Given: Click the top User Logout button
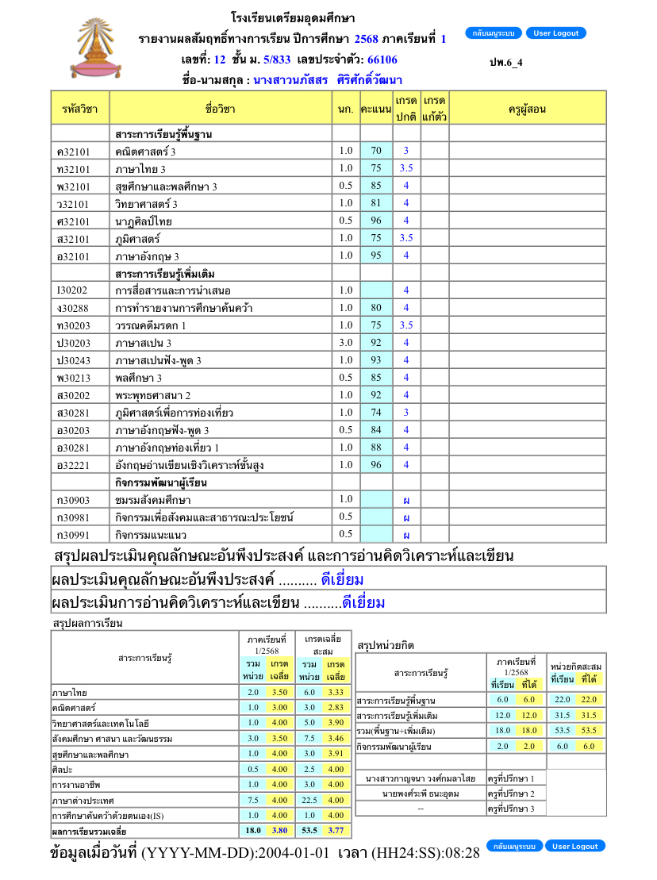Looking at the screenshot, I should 555,33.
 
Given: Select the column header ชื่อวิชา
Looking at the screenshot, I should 221,108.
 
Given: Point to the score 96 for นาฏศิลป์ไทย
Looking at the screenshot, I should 376,221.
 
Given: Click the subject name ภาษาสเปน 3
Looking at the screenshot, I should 144,344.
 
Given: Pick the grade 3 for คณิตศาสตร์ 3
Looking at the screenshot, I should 406,151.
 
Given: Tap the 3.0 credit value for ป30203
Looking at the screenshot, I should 345,343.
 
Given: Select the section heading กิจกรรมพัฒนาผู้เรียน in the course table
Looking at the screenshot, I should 161,482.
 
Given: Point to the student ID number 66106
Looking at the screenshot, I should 382,60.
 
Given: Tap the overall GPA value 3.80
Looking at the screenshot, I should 279,831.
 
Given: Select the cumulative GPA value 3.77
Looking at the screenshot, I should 336,831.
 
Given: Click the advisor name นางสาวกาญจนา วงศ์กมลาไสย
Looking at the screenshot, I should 421,778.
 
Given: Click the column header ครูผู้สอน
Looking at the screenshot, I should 527,108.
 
